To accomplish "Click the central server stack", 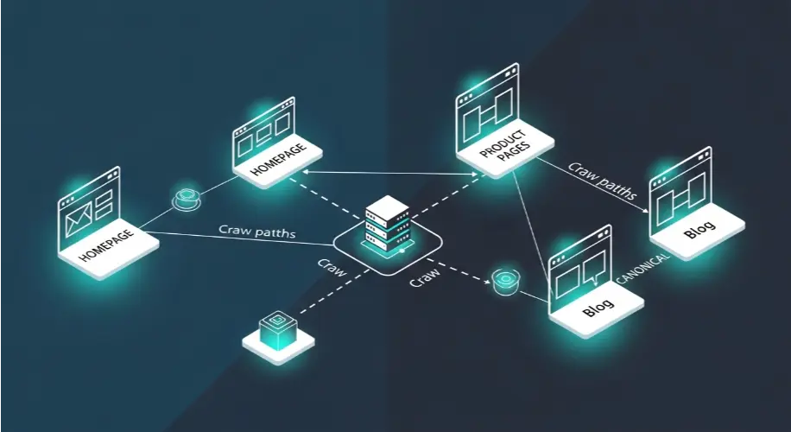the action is tap(386, 223).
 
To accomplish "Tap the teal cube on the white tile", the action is tap(276, 327).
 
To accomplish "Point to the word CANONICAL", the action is tap(643, 268).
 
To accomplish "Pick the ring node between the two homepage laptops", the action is tap(187, 199).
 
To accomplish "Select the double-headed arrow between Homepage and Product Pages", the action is tap(391, 174).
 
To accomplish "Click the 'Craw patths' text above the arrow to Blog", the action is tap(603, 181).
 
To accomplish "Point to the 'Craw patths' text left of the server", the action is tap(256, 232).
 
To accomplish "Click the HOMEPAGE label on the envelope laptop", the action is tap(106, 245).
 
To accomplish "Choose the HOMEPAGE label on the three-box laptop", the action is tap(278, 160).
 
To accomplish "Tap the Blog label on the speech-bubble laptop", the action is tap(598, 308).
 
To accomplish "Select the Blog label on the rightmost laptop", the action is tap(699, 230).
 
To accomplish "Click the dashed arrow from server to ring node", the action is tap(458, 270).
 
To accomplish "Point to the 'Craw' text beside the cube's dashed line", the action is tap(332, 268).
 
